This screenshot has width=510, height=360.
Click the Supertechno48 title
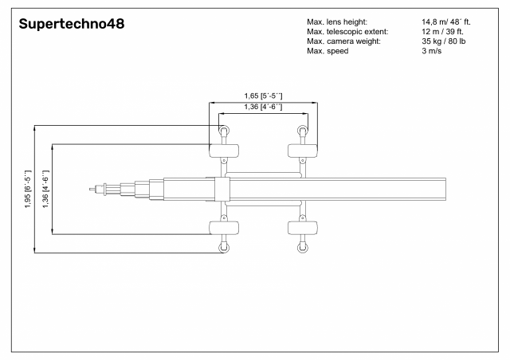[72, 24]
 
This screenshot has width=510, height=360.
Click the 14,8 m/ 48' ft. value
[446, 22]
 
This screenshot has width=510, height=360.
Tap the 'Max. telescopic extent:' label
[347, 32]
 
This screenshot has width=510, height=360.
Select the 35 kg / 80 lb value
[444, 41]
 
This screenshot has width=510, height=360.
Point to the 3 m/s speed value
[432, 51]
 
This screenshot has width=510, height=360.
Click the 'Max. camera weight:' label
[343, 41]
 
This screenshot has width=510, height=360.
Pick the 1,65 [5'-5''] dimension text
[264, 96]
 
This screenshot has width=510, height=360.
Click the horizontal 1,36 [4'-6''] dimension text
[264, 107]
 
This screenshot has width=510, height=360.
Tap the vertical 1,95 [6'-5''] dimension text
[28, 189]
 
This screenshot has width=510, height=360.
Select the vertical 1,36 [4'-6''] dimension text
[45, 189]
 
